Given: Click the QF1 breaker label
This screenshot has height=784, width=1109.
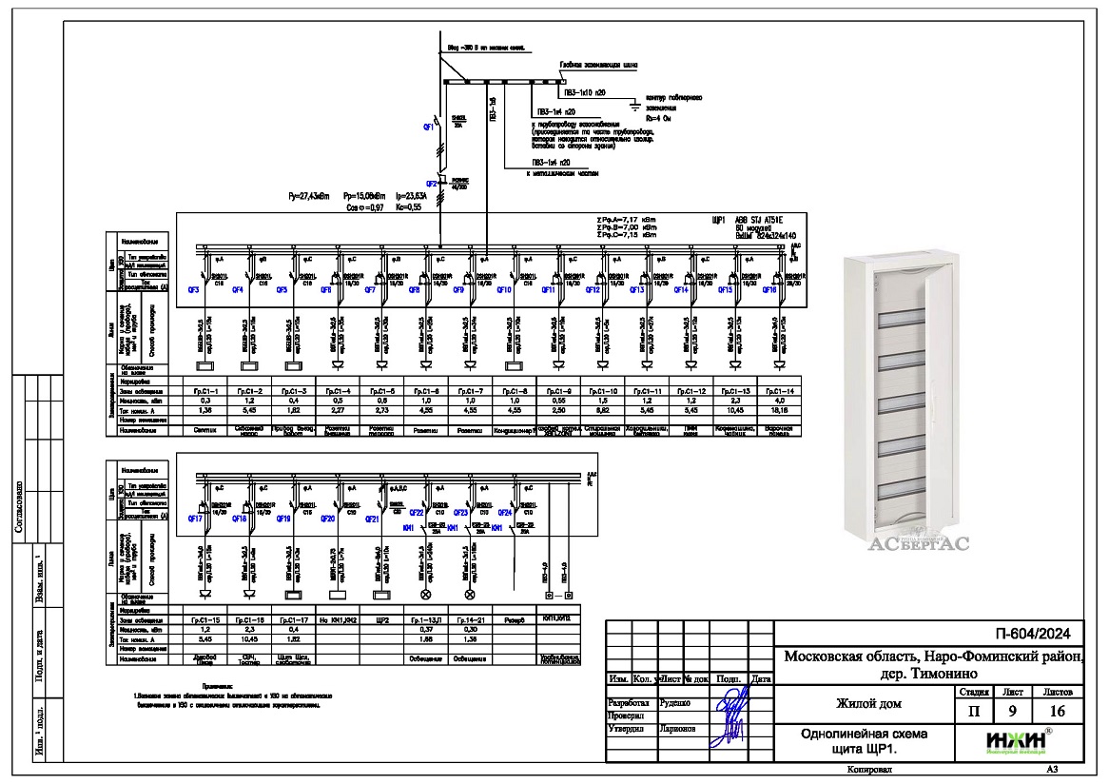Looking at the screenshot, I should pyautogui.click(x=428, y=126).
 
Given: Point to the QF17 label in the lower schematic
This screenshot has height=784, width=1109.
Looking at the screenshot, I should pyautogui.click(x=194, y=519).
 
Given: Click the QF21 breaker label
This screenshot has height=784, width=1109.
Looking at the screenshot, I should pyautogui.click(x=373, y=519).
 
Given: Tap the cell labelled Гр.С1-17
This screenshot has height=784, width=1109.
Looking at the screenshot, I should pyautogui.click(x=294, y=619).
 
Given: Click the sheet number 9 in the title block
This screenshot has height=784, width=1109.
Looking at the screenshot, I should pyautogui.click(x=1008, y=710).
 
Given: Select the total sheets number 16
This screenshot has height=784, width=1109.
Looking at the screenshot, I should pyautogui.click(x=1057, y=710).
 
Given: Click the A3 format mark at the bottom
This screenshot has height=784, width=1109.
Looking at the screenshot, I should pyautogui.click(x=1050, y=769).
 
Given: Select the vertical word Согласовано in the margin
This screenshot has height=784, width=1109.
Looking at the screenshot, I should pyautogui.click(x=17, y=509).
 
